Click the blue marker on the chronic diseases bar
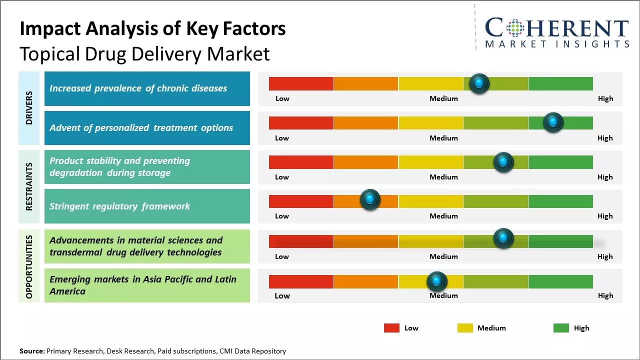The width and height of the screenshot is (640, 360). [x=479, y=83]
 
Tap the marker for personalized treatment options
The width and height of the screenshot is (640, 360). [x=553, y=122]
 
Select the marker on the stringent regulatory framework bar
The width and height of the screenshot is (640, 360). [x=370, y=200]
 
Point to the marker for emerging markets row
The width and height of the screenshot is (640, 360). [x=437, y=281]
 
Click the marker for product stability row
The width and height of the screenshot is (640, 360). [x=503, y=162]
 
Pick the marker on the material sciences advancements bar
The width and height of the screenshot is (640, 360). [x=503, y=238]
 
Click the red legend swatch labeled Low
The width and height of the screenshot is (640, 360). [x=391, y=328]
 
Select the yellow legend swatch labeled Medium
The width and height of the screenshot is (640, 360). [x=465, y=328]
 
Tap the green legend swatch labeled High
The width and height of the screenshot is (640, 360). [x=561, y=328]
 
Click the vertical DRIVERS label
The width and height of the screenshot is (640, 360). [x=29, y=108]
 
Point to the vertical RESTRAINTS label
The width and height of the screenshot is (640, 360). [x=29, y=186]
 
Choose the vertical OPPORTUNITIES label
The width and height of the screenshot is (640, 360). [x=29, y=266]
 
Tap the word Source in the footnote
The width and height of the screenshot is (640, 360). [x=31, y=351]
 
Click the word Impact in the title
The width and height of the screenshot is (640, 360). [x=50, y=29]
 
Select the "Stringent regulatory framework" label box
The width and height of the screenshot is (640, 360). [x=147, y=206]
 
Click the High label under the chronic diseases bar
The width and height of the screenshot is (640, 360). [x=605, y=98]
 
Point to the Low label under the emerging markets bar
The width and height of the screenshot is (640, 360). [x=282, y=295]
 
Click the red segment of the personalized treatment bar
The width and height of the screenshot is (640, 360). [x=301, y=122]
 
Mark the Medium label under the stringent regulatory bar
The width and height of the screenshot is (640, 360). [x=443, y=216]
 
